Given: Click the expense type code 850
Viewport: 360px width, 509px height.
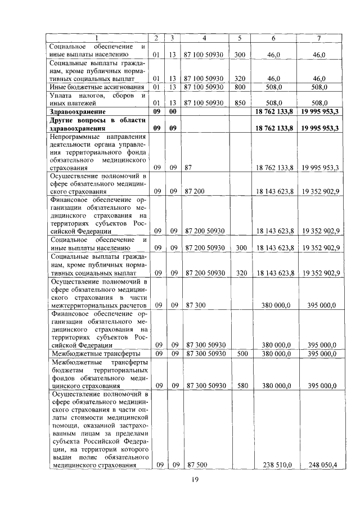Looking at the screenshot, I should click(240, 103).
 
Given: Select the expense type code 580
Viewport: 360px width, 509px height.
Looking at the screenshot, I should click(240, 386).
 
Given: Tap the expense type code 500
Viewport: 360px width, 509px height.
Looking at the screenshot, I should click(240, 354).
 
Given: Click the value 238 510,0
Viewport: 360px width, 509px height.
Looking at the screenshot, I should click(276, 465).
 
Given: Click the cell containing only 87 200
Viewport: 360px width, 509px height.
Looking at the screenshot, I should click(196, 191).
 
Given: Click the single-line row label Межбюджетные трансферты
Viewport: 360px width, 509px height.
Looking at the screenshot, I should click(94, 354).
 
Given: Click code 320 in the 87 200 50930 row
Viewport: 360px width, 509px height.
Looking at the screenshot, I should click(240, 273).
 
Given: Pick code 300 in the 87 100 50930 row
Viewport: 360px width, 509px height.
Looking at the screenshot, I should click(240, 55).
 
